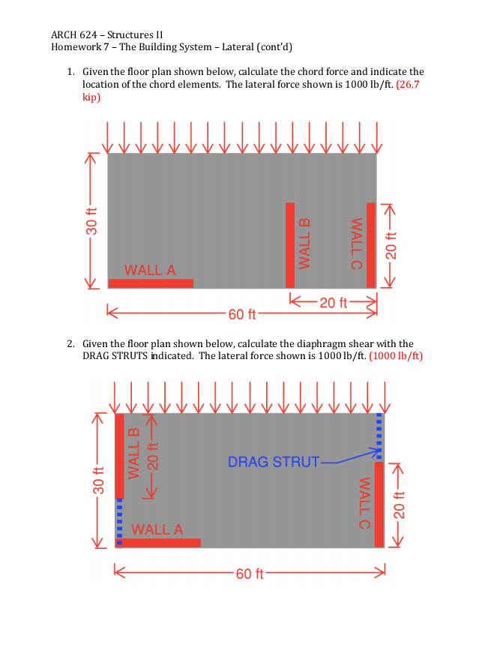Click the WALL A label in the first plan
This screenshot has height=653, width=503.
pyautogui.click(x=150, y=270)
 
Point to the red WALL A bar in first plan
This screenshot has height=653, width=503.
pyautogui.click(x=151, y=283)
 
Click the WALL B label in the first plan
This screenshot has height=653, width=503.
pyautogui.click(x=304, y=243)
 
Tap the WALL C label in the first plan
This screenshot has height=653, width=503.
pyautogui.click(x=357, y=243)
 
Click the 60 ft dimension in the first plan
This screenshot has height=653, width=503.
pyautogui.click(x=241, y=314)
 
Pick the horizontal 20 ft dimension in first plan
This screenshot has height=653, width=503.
pyautogui.click(x=333, y=303)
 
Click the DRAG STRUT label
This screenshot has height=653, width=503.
pyautogui.click(x=274, y=462)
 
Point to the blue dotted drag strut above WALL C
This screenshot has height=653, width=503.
pyautogui.click(x=379, y=436)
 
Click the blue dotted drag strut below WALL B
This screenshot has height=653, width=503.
pyautogui.click(x=118, y=519)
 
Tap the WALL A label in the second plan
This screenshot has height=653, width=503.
pyautogui.click(x=157, y=529)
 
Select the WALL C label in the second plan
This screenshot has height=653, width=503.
pyautogui.click(x=365, y=503)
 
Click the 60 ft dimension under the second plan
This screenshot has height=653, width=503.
pyautogui.click(x=249, y=574)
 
